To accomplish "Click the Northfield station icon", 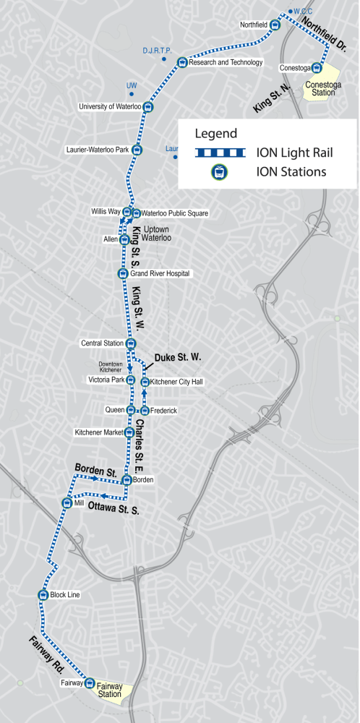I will [275, 24].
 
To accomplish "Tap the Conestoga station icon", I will [317, 69].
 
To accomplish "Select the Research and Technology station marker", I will [182, 62].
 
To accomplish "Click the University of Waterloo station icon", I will [148, 108].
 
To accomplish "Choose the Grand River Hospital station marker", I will [122, 273].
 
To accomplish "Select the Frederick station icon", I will [144, 411].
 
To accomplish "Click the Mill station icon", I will [64, 502].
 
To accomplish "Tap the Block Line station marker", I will [43, 595].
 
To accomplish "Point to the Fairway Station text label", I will [111, 690].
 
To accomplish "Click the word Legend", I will [215, 134].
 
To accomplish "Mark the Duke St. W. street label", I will [177, 357].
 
